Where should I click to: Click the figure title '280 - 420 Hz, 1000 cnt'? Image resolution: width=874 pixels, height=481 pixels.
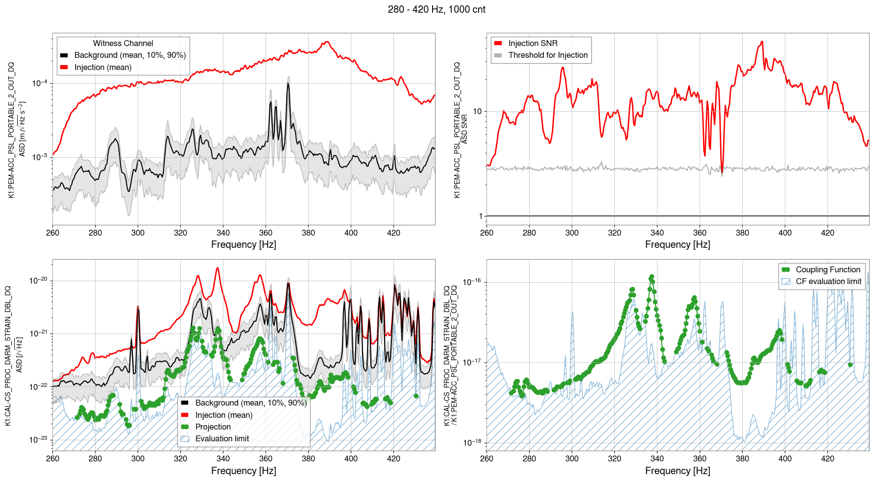tap(437, 9)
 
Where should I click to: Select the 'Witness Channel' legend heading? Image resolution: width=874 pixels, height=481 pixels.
tap(123, 44)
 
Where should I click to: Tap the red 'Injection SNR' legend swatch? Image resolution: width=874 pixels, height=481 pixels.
tap(498, 44)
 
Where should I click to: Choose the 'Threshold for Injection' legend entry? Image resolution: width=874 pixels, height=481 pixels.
tap(548, 55)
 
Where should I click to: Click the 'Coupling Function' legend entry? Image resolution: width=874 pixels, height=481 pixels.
tap(827, 270)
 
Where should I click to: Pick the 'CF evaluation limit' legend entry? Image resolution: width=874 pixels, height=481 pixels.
tap(828, 282)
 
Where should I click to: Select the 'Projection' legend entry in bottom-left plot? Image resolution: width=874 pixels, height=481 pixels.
tap(213, 427)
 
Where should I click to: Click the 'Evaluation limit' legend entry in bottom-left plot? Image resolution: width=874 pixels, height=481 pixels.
tap(222, 439)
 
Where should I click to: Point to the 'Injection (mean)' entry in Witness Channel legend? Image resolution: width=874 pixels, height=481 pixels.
tap(103, 68)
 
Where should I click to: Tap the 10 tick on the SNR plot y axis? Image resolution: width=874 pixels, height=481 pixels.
tap(477, 112)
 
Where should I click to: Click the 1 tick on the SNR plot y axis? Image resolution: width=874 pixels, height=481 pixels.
tap(481, 216)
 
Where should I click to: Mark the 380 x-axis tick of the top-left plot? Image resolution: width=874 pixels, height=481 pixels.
tap(308, 233)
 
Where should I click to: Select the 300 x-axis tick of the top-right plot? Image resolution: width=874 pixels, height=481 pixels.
tap(572, 233)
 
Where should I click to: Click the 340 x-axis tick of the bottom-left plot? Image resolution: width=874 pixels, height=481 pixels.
tap(223, 459)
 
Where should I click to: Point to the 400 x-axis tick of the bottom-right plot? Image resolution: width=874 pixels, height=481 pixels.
tap(785, 459)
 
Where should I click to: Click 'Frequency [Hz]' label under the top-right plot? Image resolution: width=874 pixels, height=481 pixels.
tap(678, 244)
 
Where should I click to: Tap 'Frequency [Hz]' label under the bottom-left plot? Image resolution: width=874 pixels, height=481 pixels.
tap(243, 471)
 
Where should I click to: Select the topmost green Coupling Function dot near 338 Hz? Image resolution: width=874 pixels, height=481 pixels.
tap(652, 277)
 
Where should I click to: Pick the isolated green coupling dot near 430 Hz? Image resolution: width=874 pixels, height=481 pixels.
tap(850, 364)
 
